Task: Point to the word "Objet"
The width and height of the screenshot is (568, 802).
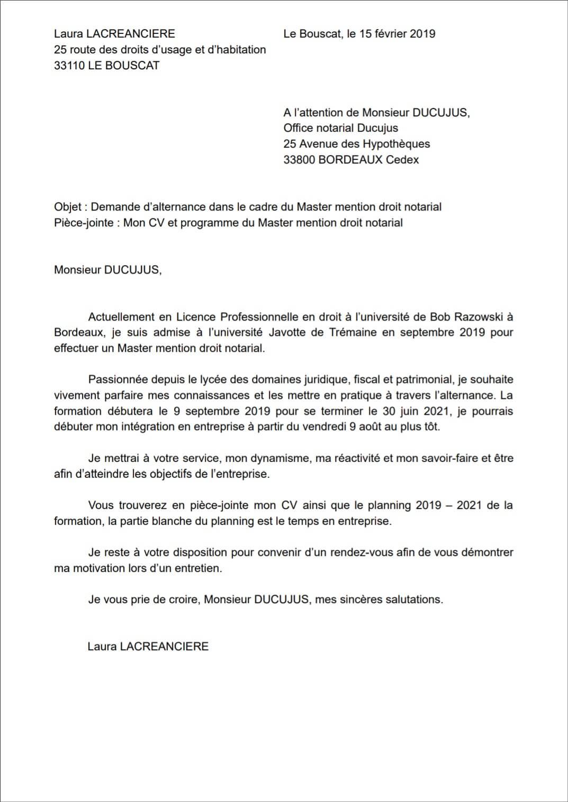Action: point(68,207)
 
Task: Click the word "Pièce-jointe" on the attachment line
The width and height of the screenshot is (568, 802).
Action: point(84,223)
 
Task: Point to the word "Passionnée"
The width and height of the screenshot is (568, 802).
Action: point(119,379)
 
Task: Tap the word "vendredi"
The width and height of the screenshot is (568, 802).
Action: point(324,426)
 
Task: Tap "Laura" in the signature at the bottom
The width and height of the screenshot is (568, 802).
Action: point(102,646)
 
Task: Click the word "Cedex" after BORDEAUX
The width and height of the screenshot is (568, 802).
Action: point(402,160)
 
